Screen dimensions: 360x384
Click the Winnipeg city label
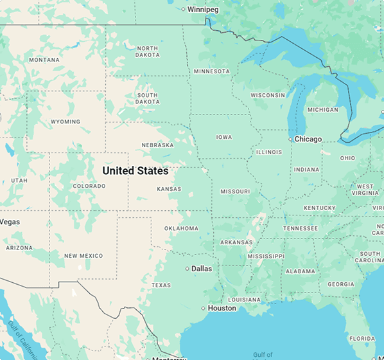pos(204,9)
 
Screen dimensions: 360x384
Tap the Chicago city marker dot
pos(290,139)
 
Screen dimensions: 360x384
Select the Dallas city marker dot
pos(187,269)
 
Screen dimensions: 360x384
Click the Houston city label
pos(222,308)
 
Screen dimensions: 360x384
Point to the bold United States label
pos(135,171)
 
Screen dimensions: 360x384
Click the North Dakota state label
pos(147,52)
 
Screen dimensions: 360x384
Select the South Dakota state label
pos(148,98)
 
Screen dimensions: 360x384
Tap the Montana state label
pos(44,60)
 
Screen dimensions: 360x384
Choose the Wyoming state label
pos(65,122)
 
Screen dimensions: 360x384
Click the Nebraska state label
pos(157,145)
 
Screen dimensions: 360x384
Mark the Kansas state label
pos(169,189)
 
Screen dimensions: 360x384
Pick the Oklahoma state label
pos(181,228)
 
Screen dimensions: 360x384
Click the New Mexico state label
pos(83,256)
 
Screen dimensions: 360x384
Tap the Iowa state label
pos(224,137)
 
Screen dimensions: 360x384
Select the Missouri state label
pos(235,192)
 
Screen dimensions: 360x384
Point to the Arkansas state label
pos(236,242)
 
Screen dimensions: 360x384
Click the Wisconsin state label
pos(268,95)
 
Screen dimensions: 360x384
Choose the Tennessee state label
pos(301,228)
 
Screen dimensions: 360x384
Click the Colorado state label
pos(89,186)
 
